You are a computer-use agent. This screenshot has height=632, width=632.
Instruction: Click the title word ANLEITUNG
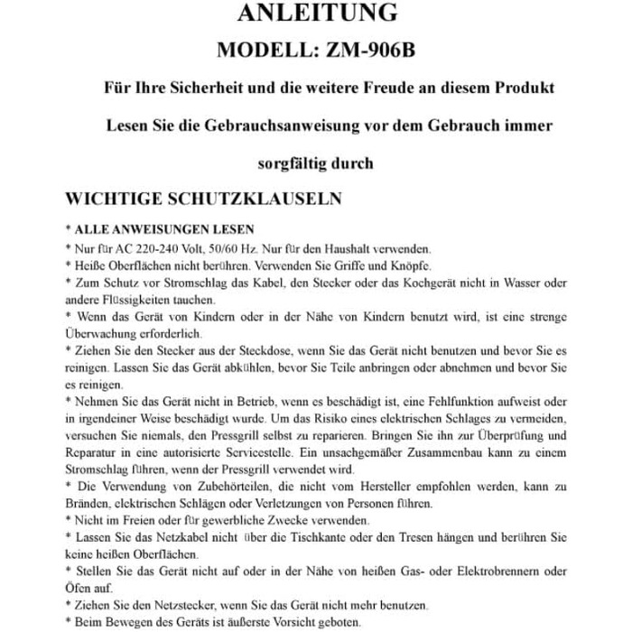pyautogui.click(x=316, y=14)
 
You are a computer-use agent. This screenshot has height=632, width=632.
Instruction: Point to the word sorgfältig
pyautogui.click(x=293, y=163)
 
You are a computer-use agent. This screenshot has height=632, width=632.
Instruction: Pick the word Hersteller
pyautogui.click(x=404, y=488)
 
